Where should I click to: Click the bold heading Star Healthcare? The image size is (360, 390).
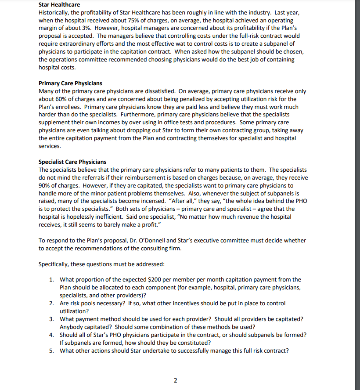[59, 4]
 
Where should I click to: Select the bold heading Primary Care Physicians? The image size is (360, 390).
[70, 83]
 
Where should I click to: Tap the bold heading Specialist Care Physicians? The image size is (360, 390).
[72, 162]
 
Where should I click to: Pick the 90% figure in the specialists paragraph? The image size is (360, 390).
[45, 186]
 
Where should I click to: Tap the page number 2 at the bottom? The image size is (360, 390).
[175, 380]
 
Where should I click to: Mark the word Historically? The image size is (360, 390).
[54, 12]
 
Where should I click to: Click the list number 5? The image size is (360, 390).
[51, 351]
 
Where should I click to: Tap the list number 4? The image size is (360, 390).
[51, 335]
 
